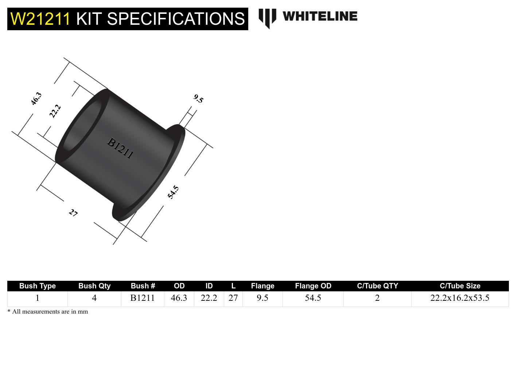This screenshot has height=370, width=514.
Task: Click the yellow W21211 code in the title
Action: [x=40, y=19]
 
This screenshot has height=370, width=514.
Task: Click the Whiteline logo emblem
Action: [x=267, y=18]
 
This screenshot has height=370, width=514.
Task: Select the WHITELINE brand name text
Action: [x=320, y=16]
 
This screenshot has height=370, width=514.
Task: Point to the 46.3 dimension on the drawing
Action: [x=36, y=99]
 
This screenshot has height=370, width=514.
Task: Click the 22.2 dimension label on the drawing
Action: [x=55, y=111]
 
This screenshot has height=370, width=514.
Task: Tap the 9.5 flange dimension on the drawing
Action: [x=198, y=98]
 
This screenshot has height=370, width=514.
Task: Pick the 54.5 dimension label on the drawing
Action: [x=173, y=192]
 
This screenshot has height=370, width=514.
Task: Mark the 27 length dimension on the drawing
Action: [x=73, y=213]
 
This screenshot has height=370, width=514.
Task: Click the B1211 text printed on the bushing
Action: [x=120, y=148]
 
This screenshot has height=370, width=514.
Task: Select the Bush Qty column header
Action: [x=94, y=286]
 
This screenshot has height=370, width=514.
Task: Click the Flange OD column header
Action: [x=313, y=286]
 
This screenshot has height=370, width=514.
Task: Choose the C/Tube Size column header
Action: [x=460, y=286]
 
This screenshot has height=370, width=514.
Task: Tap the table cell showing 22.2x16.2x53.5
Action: [x=460, y=298]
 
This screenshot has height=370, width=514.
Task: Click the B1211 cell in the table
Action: [x=143, y=298]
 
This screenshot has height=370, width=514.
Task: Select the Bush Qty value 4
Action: [x=94, y=298]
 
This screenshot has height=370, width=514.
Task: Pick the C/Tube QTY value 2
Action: [x=377, y=298]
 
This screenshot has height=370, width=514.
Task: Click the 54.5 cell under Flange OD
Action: [x=313, y=298]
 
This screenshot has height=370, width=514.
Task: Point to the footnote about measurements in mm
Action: [x=48, y=312]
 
